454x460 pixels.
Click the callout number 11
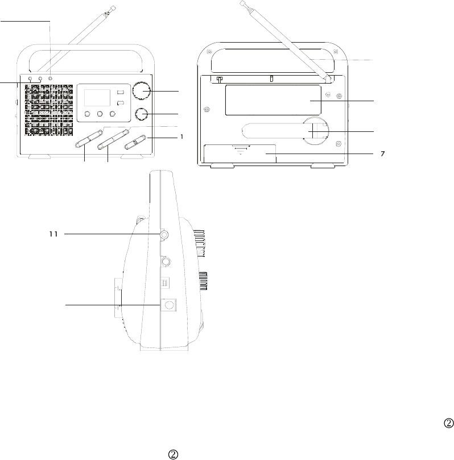[x=53, y=234]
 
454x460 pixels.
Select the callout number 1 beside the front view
[x=181, y=136]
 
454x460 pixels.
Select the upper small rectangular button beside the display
[x=121, y=93]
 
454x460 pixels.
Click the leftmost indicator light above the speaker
[x=30, y=78]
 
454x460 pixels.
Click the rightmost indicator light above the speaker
[x=51, y=78]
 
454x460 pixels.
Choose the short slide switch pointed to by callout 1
[x=136, y=141]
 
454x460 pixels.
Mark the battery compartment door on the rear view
[x=240, y=154]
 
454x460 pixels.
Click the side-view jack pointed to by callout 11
[x=164, y=234]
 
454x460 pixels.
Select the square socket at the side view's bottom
[x=169, y=305]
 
